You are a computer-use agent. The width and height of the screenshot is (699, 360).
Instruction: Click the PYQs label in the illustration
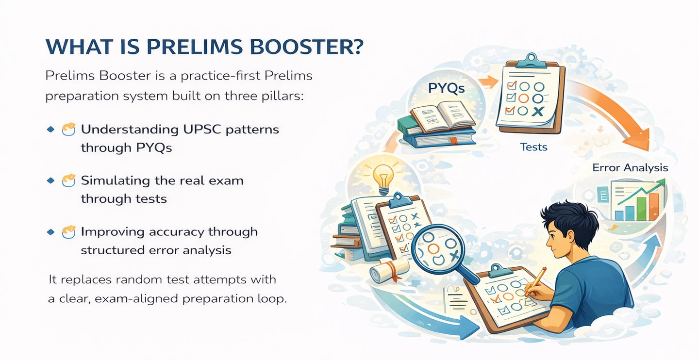pyautogui.click(x=446, y=88)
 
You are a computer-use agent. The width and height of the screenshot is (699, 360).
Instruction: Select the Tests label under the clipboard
pyautogui.click(x=533, y=146)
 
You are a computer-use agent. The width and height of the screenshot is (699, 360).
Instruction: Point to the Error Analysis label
pyautogui.click(x=630, y=168)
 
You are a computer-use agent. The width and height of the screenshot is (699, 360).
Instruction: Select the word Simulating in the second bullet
pyautogui.click(x=114, y=180)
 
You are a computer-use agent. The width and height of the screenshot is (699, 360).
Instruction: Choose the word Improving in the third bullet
pyautogui.click(x=112, y=231)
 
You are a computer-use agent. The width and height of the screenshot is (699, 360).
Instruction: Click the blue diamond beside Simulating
pyautogui.click(x=50, y=180)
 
